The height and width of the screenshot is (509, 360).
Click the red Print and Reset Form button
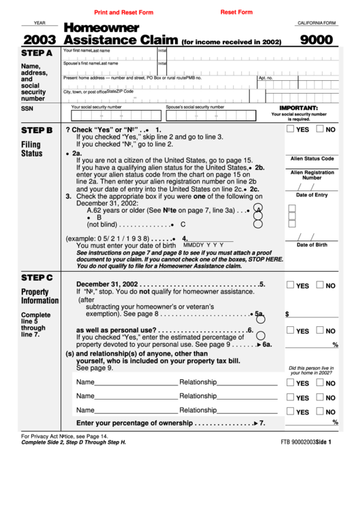tap(124, 12)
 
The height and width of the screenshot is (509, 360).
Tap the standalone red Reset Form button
tap(236, 12)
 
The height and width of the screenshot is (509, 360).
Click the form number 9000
tap(317, 39)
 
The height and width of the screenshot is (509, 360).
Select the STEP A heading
tap(37, 53)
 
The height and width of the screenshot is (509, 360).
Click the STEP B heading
tap(37, 130)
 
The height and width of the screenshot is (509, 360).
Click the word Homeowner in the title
tap(101, 28)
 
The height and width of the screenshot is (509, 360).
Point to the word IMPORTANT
tap(299, 108)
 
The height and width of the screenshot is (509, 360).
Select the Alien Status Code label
tap(312, 158)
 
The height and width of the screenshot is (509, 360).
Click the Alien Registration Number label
tap(312, 175)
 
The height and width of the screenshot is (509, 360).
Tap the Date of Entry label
tap(312, 195)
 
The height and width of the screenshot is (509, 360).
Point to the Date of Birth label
tap(312, 245)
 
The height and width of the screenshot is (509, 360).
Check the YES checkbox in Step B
tap(290, 129)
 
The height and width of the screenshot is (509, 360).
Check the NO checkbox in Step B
tap(320, 129)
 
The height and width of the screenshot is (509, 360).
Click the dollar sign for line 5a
tap(287, 315)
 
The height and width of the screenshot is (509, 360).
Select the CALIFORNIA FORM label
tap(317, 22)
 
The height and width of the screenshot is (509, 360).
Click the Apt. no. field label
tap(266, 78)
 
